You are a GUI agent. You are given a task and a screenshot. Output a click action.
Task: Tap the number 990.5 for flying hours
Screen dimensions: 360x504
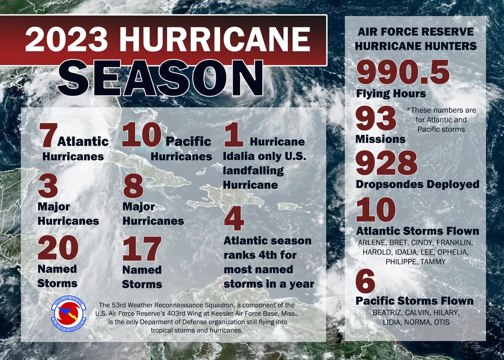[403, 72]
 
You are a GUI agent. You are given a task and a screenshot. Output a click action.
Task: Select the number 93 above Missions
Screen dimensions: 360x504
[376, 118]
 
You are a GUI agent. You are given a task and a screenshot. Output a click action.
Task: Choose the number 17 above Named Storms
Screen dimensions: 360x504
[142, 250]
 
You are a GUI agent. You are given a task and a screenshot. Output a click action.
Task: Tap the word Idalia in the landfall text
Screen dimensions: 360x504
[238, 157]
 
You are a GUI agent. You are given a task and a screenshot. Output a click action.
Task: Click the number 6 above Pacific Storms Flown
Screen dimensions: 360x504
[365, 282]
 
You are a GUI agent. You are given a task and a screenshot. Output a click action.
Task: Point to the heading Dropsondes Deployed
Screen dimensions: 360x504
[417, 184]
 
